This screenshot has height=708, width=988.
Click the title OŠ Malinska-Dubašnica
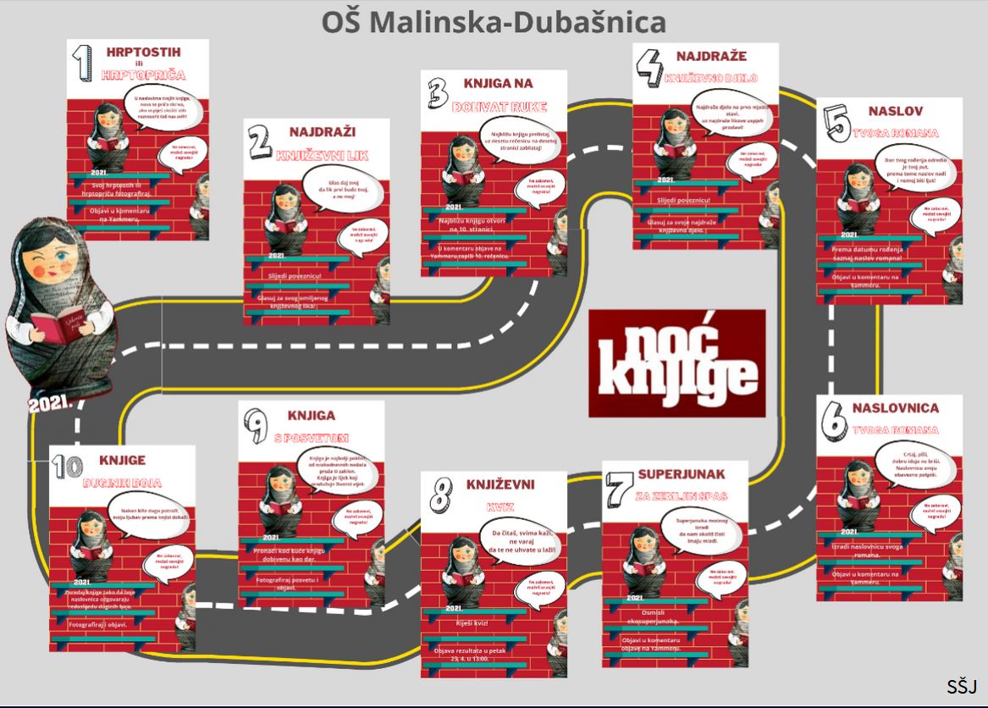click(494, 22)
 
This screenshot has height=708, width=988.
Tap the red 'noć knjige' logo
click(677, 362)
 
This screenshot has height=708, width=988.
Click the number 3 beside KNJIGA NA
click(437, 94)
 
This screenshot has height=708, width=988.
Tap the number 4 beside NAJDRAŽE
click(649, 67)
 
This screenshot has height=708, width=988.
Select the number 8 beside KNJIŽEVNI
click(439, 494)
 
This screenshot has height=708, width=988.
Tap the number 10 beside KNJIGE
click(67, 469)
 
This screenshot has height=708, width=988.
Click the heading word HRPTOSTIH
click(143, 53)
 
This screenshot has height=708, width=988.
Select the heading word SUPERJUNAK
click(682, 473)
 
